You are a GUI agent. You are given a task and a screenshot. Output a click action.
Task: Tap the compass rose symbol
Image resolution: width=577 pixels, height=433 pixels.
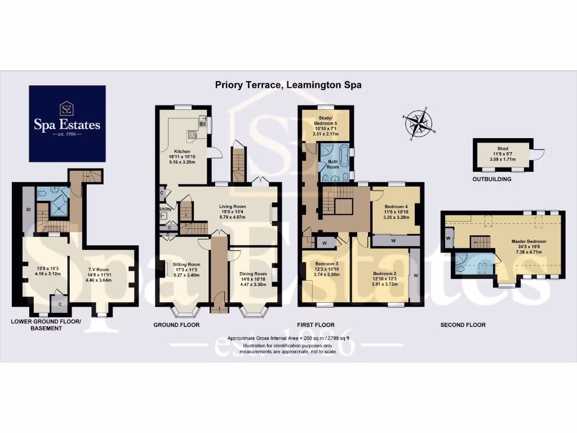tap(418, 122)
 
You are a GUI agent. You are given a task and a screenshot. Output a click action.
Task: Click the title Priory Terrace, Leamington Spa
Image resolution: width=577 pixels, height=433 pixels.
tap(288, 85)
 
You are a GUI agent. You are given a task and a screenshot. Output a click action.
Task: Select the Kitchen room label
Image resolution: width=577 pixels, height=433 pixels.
tap(181, 152)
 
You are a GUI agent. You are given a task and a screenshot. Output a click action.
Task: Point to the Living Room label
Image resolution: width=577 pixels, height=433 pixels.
tap(233, 206)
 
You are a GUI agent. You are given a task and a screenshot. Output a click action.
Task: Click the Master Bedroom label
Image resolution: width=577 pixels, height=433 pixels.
tap(526, 241)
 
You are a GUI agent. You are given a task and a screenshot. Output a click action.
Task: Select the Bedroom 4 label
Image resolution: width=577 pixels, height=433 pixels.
tap(394, 206)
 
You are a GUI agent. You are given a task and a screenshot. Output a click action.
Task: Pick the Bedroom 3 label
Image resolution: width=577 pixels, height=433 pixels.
tap(327, 264)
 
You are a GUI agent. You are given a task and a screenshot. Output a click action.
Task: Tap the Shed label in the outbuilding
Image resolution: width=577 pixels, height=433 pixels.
tap(502, 148)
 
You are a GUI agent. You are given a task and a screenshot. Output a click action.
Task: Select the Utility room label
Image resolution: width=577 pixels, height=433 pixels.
tap(165, 209)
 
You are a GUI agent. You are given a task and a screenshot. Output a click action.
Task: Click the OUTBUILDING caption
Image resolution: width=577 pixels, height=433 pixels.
tap(492, 179)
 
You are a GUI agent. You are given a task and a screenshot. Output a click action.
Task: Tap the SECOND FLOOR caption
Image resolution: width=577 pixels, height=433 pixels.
tap(464, 325)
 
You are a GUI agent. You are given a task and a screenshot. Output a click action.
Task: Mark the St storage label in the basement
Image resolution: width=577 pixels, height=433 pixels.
tap(28, 210)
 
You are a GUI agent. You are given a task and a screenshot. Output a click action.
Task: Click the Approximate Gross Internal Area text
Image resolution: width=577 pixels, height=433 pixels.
tap(288, 338)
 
